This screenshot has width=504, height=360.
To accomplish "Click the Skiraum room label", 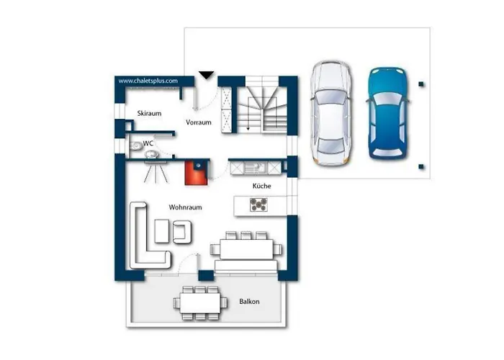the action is click(149, 114).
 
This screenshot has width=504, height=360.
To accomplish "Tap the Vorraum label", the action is click(199, 122).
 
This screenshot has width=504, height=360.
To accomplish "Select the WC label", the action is click(148, 143).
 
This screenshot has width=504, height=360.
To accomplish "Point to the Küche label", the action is click(261, 186).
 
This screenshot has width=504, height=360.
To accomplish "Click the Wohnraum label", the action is click(186, 207).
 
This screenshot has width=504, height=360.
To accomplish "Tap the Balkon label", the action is click(249, 302).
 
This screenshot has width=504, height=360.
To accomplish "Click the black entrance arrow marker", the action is click(206, 75).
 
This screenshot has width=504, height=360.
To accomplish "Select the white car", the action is click(331, 113).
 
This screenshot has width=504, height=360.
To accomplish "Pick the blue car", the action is click(387, 113).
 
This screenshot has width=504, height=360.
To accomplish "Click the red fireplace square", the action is click(197, 174).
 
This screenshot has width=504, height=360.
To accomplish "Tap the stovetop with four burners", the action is click(258, 204).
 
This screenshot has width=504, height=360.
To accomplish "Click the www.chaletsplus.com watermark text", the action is click(148, 81).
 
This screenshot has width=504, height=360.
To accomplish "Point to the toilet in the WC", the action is click(136, 146).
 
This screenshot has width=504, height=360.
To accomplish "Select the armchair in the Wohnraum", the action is click(183, 231).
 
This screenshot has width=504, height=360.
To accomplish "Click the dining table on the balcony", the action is click(200, 303).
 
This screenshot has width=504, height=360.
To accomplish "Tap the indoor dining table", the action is click(246, 249).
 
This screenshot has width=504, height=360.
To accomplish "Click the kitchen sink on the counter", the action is click(255, 167).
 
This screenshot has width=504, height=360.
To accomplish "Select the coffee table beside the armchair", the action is click(162, 231).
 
